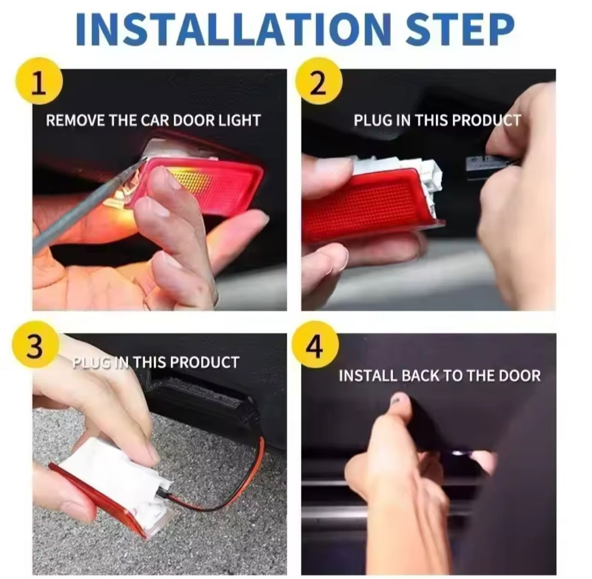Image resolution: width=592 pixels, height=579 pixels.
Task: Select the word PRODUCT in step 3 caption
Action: pyautogui.click(x=204, y=362)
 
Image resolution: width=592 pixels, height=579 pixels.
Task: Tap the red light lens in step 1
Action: pyautogui.click(x=204, y=185)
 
